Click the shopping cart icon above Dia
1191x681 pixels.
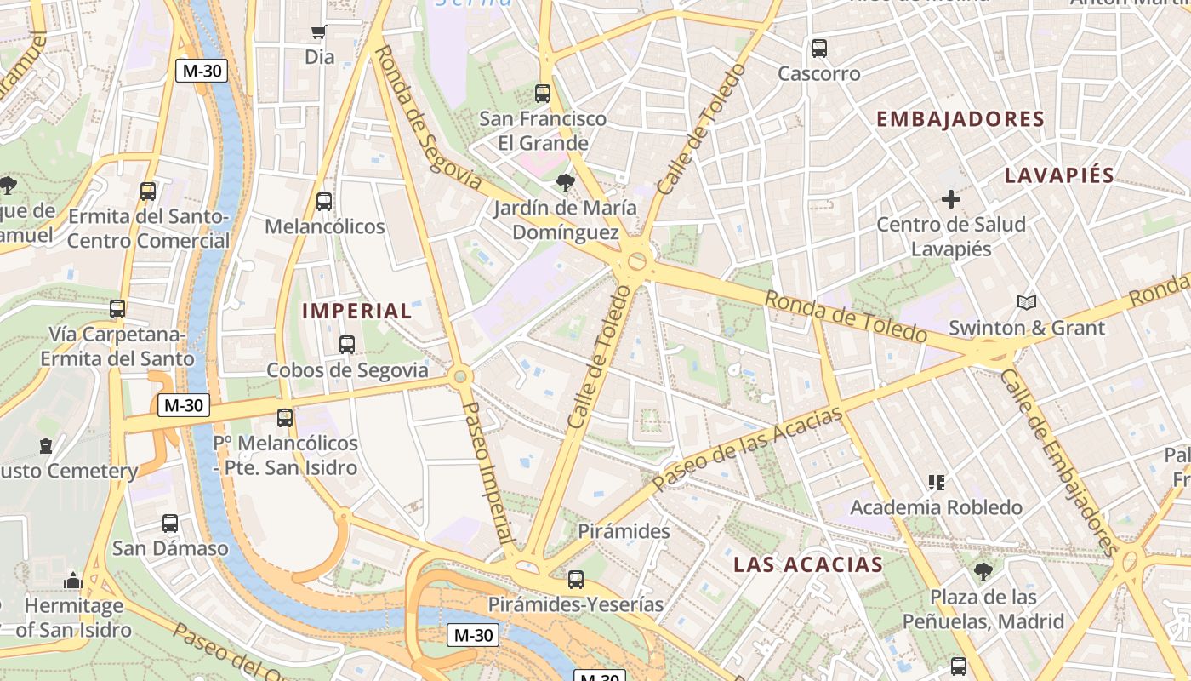(319, 32)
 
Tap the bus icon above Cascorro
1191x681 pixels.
(819, 49)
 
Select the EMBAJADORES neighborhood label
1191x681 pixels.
(960, 119)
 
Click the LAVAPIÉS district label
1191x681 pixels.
(1059, 175)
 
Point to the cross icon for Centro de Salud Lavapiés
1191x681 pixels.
(951, 200)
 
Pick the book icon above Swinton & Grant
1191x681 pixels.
(1027, 302)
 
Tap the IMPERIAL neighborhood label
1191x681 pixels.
(357, 311)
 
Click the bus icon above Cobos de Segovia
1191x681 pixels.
(346, 345)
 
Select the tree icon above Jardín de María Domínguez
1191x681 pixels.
(564, 182)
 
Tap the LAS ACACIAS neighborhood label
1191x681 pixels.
(808, 564)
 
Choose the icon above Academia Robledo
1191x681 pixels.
(937, 483)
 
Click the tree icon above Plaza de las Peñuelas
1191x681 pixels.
(983, 571)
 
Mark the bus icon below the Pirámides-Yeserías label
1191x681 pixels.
(576, 580)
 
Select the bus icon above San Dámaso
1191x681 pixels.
(170, 524)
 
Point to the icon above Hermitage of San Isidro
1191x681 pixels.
(73, 581)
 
